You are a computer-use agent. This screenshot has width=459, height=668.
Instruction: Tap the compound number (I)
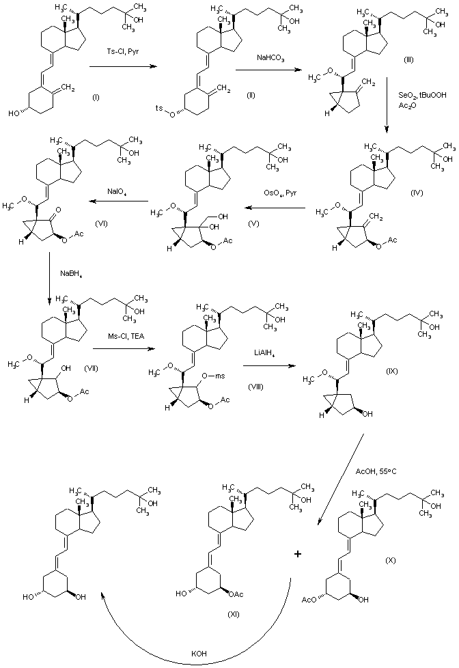pyautogui.click(x=96, y=98)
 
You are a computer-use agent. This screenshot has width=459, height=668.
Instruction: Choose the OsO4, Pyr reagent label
pyautogui.click(x=282, y=194)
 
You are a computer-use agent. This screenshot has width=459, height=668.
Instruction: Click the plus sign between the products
pyautogui.click(x=298, y=555)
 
